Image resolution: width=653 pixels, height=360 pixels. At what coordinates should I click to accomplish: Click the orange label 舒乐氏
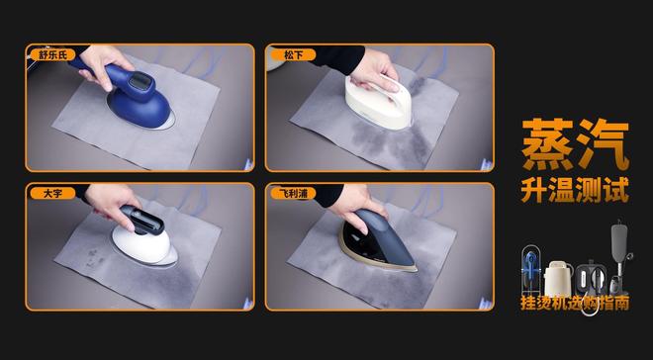coord(52,54)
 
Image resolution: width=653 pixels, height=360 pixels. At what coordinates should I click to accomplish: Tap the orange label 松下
coord(293,54)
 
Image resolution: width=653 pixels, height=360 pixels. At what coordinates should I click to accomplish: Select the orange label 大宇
coord(52,193)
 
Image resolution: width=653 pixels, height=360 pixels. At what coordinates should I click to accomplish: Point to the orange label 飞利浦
coord(293,193)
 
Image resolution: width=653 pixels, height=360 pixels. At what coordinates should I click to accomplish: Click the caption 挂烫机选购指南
coord(575,303)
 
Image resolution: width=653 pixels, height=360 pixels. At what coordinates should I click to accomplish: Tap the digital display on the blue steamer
coord(140,81)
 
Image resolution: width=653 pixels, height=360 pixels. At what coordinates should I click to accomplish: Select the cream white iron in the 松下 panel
coord(378,102)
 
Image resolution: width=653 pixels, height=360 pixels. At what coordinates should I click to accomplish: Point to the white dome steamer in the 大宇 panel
coord(141,245)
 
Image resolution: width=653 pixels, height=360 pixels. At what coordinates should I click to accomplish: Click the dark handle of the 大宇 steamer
coord(142,221)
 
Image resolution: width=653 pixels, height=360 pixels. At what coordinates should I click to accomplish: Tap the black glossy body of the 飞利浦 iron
coord(364,244)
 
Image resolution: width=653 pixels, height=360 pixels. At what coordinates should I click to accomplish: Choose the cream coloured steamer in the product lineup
coord(558,278)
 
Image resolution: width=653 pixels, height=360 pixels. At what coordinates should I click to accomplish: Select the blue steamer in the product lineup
coord(530,270)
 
